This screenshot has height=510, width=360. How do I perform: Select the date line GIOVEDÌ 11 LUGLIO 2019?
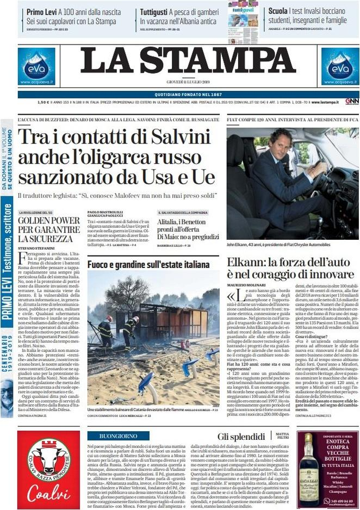click(x=188, y=82)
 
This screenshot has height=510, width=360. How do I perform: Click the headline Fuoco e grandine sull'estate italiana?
click(x=148, y=265)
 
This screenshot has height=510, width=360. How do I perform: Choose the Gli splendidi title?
click(x=241, y=436)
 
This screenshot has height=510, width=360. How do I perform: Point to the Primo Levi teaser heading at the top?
click(x=42, y=11)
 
